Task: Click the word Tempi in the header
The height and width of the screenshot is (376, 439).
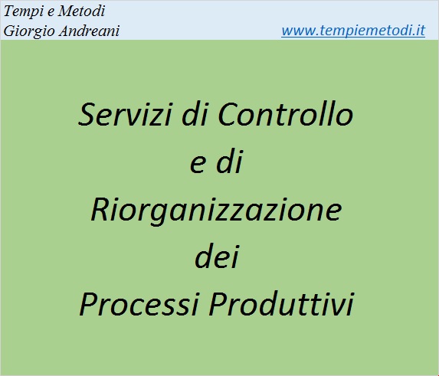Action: pos(25,12)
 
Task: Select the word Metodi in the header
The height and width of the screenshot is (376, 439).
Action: pos(81,11)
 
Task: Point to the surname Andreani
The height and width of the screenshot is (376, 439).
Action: pos(90,31)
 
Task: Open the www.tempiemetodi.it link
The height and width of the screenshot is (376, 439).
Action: pos(353,31)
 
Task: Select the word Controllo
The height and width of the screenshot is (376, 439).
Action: pos(286,113)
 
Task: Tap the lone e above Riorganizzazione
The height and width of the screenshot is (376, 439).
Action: pos(198,165)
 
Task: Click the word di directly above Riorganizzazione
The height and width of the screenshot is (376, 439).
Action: pos(229,162)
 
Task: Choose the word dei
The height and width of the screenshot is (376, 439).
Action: pos(217,256)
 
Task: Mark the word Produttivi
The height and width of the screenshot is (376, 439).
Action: pos(282,303)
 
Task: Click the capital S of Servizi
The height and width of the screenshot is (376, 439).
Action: pos(87,114)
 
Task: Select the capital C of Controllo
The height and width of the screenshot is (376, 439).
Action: pos(228,114)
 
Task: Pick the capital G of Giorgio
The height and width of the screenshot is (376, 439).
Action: pos(9,31)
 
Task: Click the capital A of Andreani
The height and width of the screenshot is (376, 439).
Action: pos(65,31)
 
